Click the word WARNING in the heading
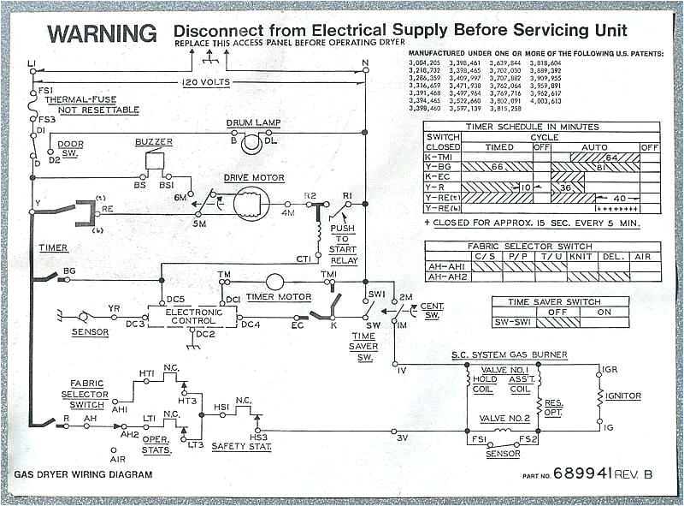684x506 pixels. [102, 33]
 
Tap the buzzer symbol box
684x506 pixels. [156, 160]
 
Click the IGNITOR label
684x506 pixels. [623, 396]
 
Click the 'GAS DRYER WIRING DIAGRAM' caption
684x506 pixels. [83, 474]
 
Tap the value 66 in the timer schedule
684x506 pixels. [497, 167]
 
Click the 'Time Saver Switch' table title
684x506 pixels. [559, 301]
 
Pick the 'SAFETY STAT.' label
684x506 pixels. [242, 446]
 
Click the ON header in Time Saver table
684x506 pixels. [604, 312]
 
